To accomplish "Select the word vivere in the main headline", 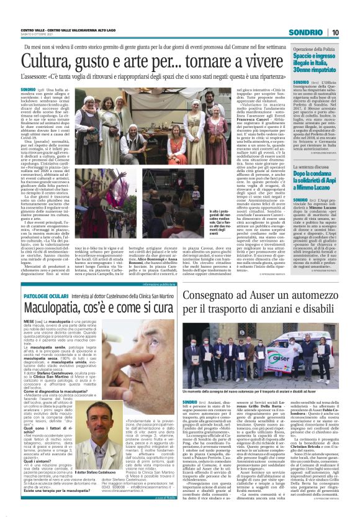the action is [x=243, y=61].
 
